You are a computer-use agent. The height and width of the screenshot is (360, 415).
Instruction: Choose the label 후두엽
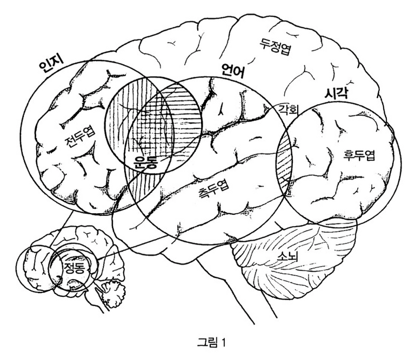(x=359, y=155)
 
